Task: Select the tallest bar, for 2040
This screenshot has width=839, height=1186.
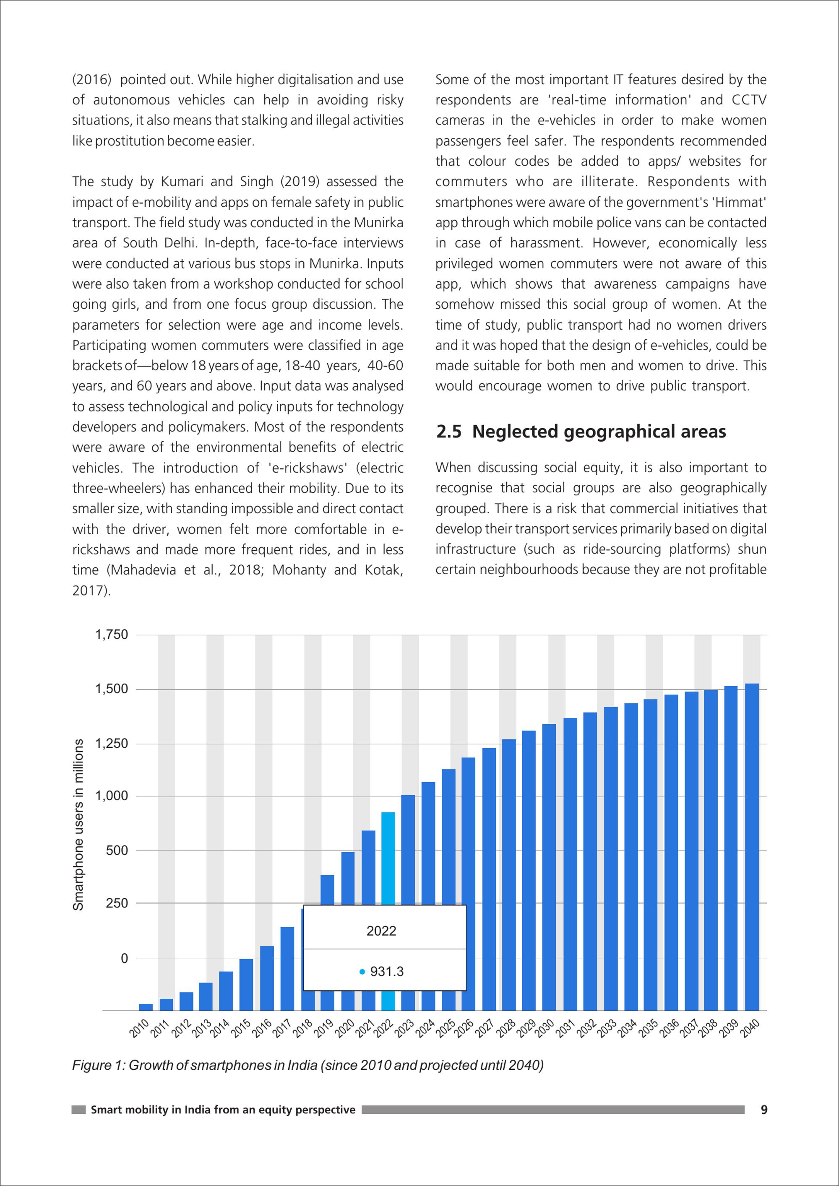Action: pos(752,847)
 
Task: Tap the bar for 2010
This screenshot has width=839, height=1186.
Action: pos(146,1007)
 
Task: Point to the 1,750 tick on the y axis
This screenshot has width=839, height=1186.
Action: pos(112,635)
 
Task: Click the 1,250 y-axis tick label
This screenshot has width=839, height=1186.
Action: pos(112,744)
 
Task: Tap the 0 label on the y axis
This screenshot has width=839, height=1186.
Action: pos(124,958)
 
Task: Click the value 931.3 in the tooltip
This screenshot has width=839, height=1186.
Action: pos(387,972)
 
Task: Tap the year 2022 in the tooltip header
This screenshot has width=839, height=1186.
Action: pos(381,931)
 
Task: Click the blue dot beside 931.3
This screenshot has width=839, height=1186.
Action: pos(362,972)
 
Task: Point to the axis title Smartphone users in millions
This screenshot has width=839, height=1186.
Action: pos(78,825)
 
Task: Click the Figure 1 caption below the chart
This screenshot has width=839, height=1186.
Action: pos(308,1065)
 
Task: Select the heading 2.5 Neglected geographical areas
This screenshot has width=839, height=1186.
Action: pos(581,431)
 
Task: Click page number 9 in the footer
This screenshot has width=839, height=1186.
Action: pos(764,1110)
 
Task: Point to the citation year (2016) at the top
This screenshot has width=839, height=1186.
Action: pos(92,80)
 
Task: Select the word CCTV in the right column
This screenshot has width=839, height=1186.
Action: pos(749,100)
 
